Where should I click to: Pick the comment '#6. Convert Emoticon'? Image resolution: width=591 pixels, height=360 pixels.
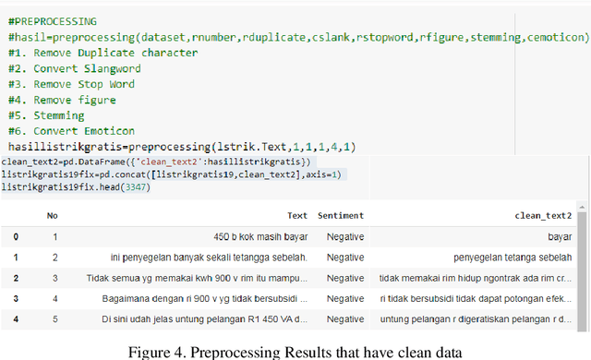click(x=83, y=131)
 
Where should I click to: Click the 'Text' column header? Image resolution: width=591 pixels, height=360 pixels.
click(x=297, y=215)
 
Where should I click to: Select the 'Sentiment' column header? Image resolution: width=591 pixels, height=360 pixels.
click(x=340, y=215)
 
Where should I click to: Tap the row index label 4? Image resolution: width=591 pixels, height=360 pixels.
click(x=15, y=320)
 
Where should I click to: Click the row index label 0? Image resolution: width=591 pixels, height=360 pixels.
click(x=15, y=236)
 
